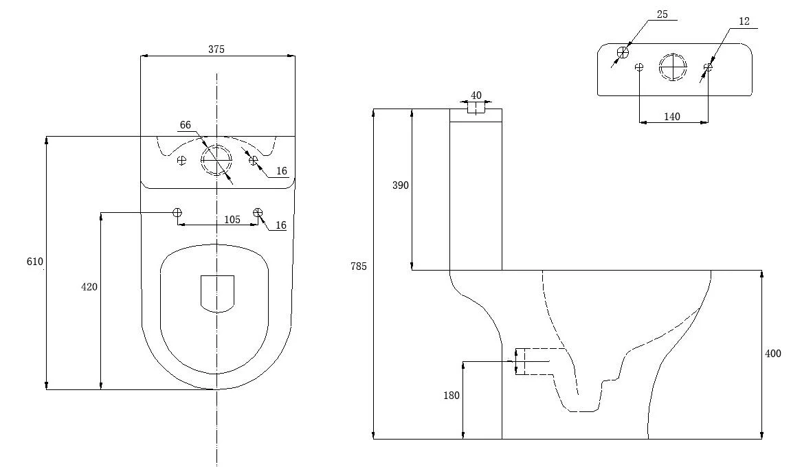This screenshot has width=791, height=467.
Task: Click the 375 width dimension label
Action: point(216,49)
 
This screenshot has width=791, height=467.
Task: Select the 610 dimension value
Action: point(35,262)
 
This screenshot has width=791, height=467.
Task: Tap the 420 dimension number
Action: point(90,287)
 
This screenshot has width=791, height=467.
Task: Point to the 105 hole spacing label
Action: point(232,220)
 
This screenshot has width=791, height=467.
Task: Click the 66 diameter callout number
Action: point(185,125)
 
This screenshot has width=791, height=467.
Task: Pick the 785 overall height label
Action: point(359,266)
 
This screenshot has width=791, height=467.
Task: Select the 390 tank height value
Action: point(401,185)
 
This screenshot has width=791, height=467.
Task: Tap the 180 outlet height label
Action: point(451,396)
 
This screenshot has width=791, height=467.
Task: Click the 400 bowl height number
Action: point(773,354)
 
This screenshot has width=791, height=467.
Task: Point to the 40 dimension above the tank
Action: point(476,95)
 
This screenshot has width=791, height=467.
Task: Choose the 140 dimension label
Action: point(672,117)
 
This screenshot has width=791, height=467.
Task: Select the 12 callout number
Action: point(744,22)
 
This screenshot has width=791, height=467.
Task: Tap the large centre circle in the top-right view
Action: point(673,67)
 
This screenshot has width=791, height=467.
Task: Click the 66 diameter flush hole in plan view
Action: point(216,160)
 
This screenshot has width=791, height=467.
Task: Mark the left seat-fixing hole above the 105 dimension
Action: point(177,212)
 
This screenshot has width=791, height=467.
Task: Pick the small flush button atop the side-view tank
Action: point(476,108)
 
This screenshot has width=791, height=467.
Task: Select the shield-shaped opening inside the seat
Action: point(217,293)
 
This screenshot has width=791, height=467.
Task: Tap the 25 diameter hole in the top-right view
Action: point(623,53)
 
